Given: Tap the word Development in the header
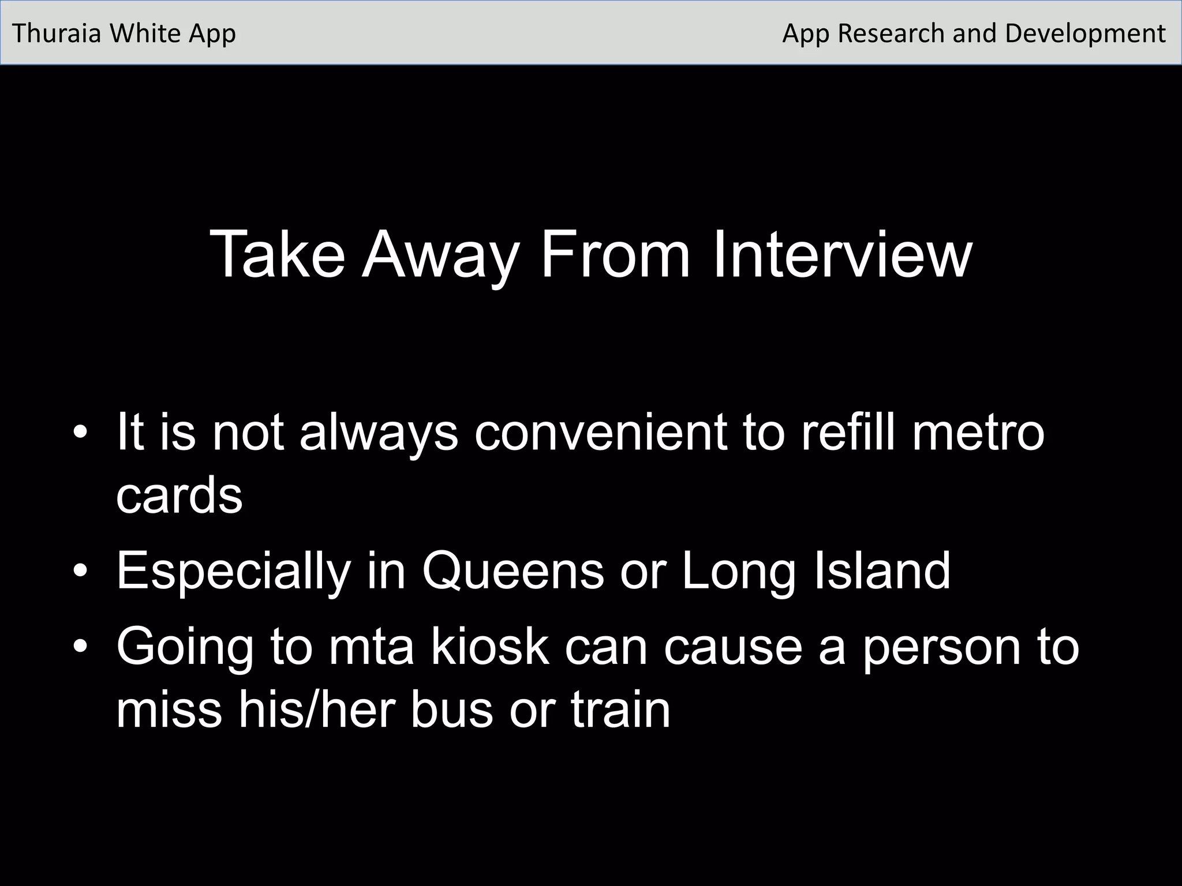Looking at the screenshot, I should point(1085,33).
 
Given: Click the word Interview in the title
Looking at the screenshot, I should point(843,255).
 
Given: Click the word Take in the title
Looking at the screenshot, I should point(278,255).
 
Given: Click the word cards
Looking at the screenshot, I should point(179,496).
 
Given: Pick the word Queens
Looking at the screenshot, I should point(513,571).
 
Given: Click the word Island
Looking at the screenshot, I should point(882,571).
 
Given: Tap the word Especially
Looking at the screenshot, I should point(234,571).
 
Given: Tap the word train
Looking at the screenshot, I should point(621,709).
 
